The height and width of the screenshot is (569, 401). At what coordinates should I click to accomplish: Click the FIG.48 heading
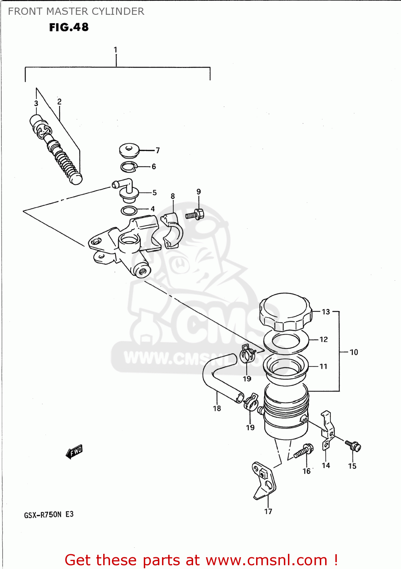(x=69, y=27)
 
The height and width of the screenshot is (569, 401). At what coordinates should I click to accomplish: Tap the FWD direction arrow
(x=74, y=451)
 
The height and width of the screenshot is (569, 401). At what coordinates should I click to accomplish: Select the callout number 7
(x=157, y=151)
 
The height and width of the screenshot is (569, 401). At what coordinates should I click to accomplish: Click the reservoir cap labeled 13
(x=285, y=311)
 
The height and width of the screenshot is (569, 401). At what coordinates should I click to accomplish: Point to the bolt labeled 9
(x=195, y=215)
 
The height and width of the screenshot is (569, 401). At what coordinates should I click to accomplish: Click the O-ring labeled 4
(x=129, y=211)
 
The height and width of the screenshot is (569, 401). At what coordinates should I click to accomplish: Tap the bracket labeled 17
(x=264, y=480)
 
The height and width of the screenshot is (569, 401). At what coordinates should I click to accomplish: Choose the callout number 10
(x=354, y=352)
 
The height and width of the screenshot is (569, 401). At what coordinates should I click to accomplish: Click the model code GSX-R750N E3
(x=49, y=515)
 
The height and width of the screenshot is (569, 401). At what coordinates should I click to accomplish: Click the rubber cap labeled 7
(x=129, y=151)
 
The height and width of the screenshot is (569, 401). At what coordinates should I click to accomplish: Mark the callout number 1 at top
(x=115, y=50)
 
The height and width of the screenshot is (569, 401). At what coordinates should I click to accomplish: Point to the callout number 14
(x=326, y=465)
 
